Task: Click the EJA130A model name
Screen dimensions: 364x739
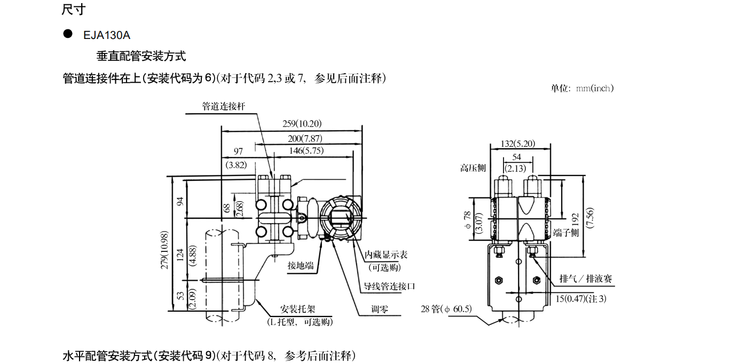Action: click(x=107, y=35)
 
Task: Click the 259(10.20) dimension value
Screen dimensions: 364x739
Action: click(x=302, y=124)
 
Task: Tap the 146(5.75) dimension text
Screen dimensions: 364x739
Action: click(x=306, y=151)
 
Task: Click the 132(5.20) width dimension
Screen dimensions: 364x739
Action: click(x=517, y=144)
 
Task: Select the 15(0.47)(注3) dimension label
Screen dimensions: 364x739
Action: click(x=581, y=298)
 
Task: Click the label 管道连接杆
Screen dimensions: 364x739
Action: click(x=223, y=106)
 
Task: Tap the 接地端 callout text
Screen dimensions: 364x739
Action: click(x=301, y=265)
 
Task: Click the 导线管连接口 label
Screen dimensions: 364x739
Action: click(x=390, y=286)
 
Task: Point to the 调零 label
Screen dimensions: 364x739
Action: click(x=380, y=309)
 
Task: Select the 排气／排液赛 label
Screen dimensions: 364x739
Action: click(x=585, y=279)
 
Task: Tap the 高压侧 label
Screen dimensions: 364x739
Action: click(x=473, y=168)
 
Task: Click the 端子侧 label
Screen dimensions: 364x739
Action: click(x=566, y=233)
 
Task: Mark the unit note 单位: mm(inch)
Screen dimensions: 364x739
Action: click(x=582, y=88)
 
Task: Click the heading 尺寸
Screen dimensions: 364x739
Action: click(x=73, y=9)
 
